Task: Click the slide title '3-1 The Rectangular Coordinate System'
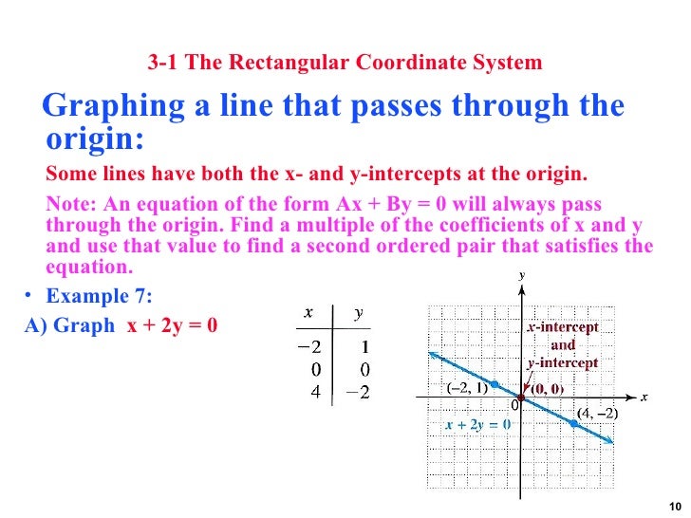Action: coord(345,64)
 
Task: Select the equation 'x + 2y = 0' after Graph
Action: coord(173,324)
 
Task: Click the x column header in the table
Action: coord(308,312)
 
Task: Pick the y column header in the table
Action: coord(358,312)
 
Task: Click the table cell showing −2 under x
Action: coord(309,346)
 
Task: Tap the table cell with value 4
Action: coord(313,388)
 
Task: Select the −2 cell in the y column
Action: coord(357,389)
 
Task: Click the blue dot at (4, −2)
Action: coord(574,423)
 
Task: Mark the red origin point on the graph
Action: coord(521,396)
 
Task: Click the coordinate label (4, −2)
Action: coord(598,413)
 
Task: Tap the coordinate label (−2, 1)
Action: coord(466,388)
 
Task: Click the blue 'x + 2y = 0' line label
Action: coord(478,424)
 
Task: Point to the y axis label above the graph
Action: coord(521,275)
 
